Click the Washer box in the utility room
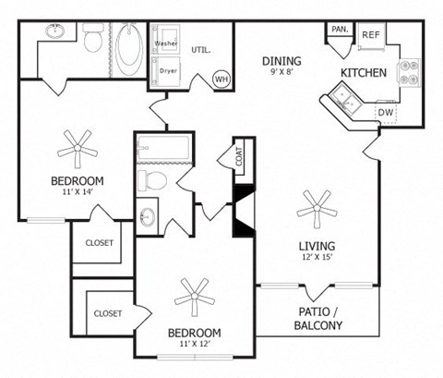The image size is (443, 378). [166, 43]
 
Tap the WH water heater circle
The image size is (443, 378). [221, 79]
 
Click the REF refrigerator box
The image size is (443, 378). [371, 34]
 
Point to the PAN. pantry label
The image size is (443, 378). [339, 30]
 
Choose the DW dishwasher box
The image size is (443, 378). [388, 112]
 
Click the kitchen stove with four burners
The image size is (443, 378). [408, 71]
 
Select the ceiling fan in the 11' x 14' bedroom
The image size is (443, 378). [77, 145]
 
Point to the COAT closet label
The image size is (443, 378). [239, 158]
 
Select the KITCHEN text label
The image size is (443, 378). [364, 72]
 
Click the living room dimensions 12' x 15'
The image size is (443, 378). [317, 259]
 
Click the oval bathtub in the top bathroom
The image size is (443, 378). [129, 43]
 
